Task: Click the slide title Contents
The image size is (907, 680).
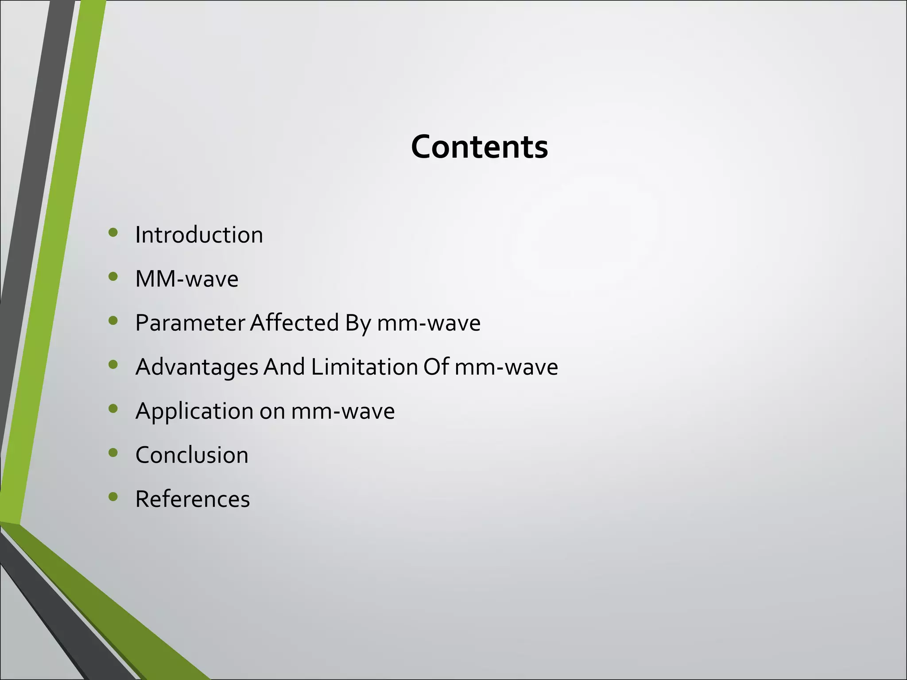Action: tap(479, 147)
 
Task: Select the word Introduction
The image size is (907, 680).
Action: tap(199, 235)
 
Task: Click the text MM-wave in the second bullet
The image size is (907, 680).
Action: tap(186, 279)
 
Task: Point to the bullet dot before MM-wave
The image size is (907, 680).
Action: tap(113, 277)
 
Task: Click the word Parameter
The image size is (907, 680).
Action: tap(190, 323)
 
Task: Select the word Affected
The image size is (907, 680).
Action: tap(294, 323)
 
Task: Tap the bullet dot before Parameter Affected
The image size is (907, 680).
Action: tap(113, 321)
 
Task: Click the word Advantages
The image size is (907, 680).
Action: tap(197, 367)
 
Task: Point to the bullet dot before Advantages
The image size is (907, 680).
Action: tap(113, 365)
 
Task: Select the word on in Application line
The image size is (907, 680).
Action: tap(272, 412)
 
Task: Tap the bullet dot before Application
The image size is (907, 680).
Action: tap(113, 409)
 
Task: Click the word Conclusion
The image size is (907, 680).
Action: tap(192, 455)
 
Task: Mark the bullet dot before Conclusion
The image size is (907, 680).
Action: tap(113, 453)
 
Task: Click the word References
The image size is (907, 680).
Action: tap(192, 499)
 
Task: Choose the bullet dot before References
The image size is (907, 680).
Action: tap(113, 497)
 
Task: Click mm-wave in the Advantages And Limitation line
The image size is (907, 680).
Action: tap(506, 367)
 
